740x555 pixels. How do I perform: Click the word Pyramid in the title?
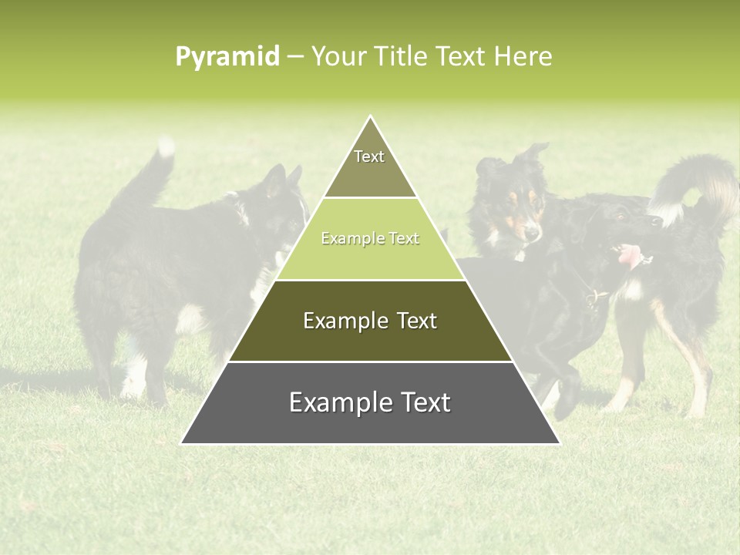[227, 57]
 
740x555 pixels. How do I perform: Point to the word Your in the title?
[338, 57]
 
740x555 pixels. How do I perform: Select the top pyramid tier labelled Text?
[369, 165]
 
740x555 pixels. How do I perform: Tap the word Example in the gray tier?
[336, 402]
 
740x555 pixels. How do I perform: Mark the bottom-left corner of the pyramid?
[183, 442]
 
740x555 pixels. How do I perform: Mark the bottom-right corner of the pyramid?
[558, 442]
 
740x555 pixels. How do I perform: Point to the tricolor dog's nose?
[532, 232]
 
